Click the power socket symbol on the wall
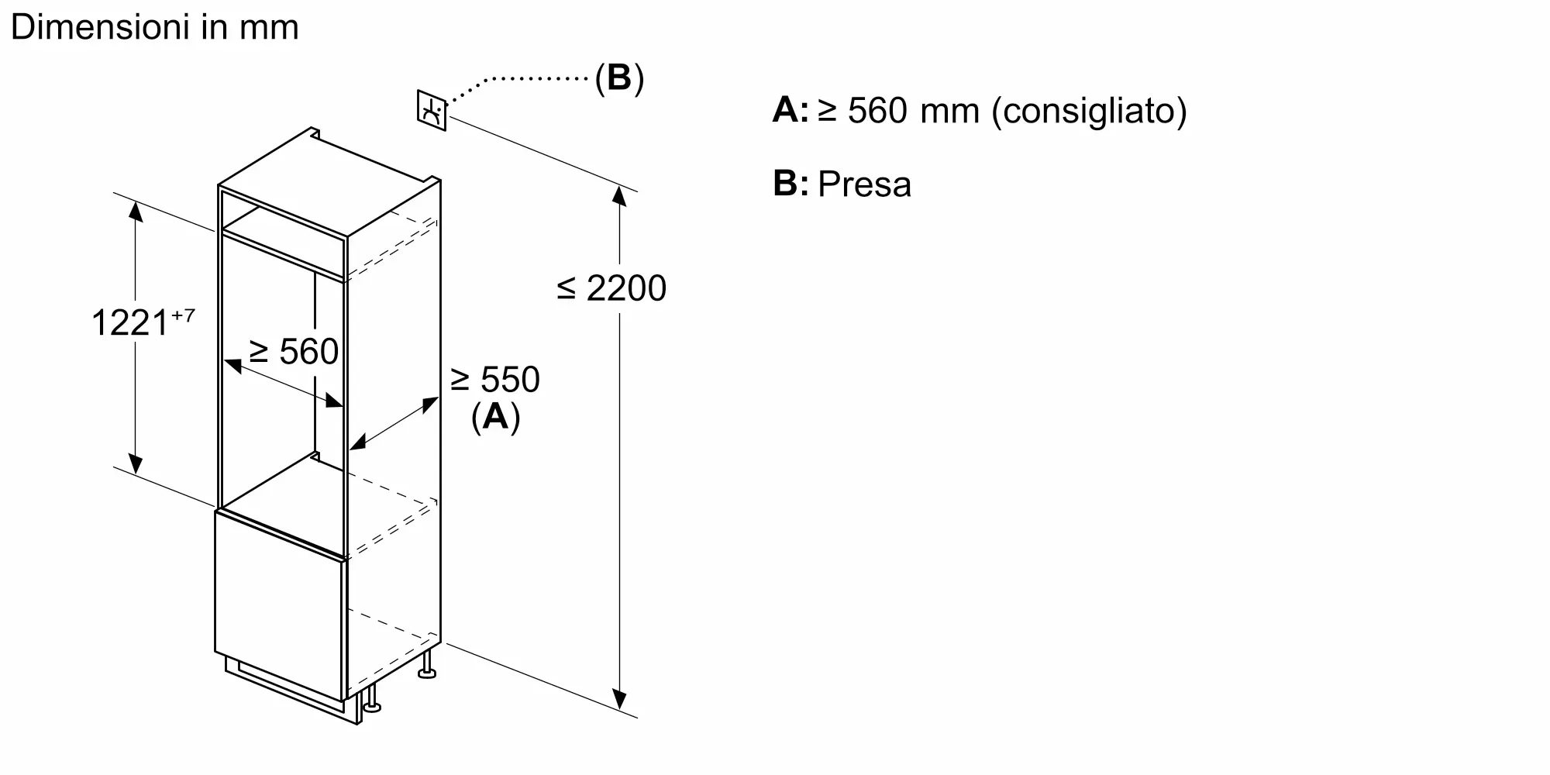tap(432, 110)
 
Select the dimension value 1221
tap(129, 322)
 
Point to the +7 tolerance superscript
tap(183, 315)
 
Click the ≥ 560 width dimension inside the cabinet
tap(294, 352)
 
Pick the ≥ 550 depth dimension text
tap(494, 380)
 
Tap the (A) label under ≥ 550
tap(496, 417)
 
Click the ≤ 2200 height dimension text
tap(611, 288)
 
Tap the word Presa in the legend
tap(865, 184)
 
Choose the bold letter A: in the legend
tap(790, 110)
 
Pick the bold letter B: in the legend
tap(790, 184)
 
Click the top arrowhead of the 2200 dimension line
tap(618, 195)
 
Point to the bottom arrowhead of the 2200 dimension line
tap(618, 700)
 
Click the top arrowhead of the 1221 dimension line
tap(136, 211)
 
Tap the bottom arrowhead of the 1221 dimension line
tap(136, 463)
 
